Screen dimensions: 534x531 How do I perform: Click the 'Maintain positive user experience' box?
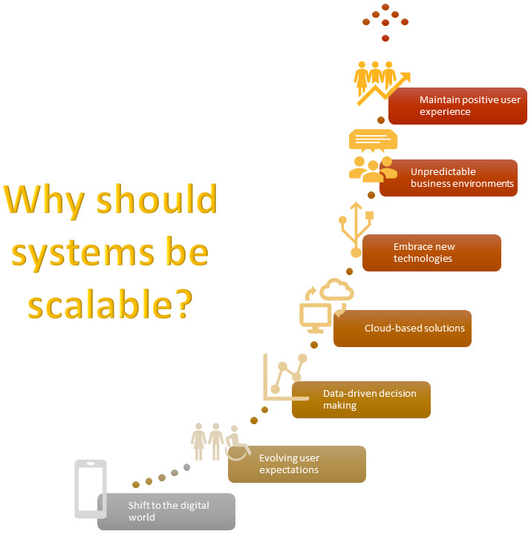tap(457, 105)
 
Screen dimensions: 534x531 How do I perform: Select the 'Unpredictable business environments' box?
tap(449, 177)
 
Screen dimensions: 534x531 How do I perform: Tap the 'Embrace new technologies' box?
tap(431, 253)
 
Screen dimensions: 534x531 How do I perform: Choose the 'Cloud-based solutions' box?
tap(403, 328)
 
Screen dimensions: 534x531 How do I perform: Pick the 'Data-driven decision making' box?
tap(361, 400)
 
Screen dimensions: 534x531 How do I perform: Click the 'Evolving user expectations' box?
tap(297, 464)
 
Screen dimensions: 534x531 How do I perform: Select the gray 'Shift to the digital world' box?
tap(166, 511)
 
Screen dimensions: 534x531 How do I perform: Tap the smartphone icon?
tap(91, 489)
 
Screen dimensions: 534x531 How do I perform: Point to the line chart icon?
tap(285, 376)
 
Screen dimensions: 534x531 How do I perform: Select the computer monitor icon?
tap(313, 317)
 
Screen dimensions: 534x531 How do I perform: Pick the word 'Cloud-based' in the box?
tap(391, 328)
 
